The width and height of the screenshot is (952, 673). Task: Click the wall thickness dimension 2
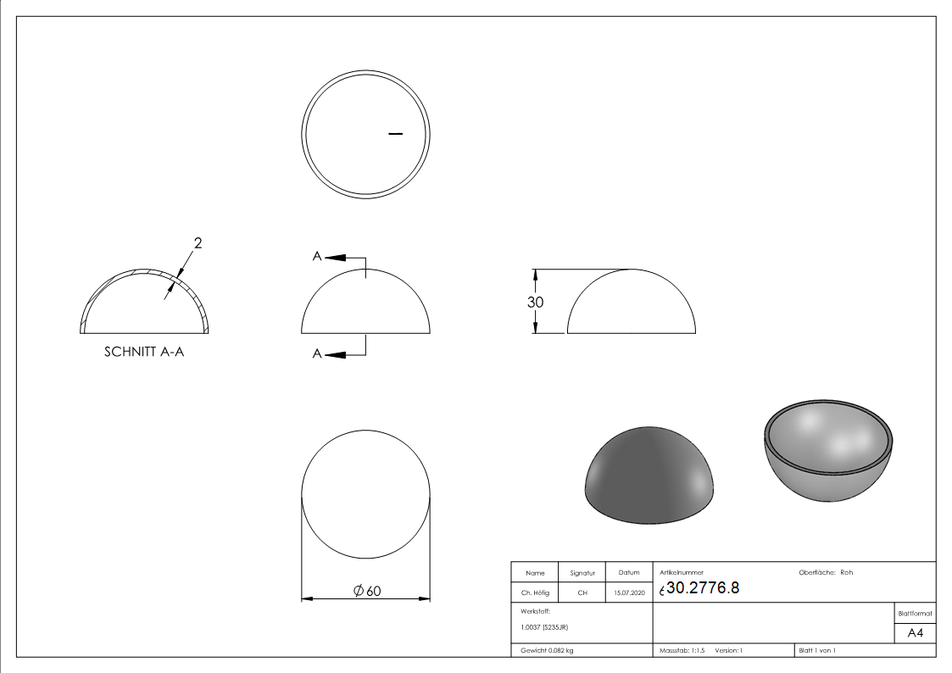click(198, 243)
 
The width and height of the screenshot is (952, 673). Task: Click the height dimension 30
click(535, 302)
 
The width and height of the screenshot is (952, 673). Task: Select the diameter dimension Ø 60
click(366, 592)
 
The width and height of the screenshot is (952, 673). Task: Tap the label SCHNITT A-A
click(144, 352)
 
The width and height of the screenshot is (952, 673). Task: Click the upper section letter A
click(316, 257)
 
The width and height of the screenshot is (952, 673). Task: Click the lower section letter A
click(316, 354)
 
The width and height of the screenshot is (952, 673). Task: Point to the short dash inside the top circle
click(394, 134)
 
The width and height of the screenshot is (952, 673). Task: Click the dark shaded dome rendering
click(649, 475)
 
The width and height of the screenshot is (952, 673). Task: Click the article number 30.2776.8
click(703, 588)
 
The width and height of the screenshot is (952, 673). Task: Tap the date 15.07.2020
click(629, 593)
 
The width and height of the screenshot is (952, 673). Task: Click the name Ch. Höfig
click(535, 593)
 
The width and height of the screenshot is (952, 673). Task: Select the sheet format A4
click(915, 633)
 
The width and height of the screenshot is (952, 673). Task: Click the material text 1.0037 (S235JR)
click(544, 626)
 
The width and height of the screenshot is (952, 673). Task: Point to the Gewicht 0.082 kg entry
click(547, 651)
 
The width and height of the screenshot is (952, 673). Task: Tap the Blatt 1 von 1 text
click(817, 651)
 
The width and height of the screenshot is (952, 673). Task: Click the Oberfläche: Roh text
click(826, 572)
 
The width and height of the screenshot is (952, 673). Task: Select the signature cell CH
click(582, 593)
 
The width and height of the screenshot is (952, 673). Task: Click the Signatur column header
click(582, 573)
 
